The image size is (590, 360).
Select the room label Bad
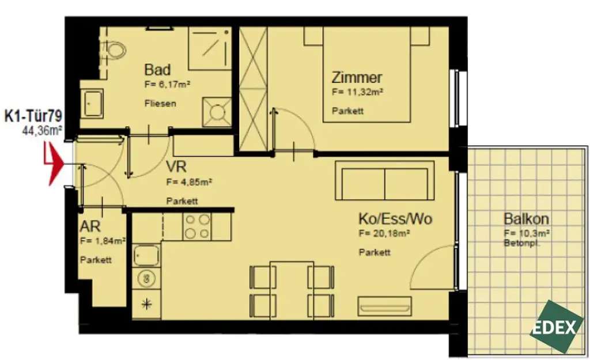pos(157,70)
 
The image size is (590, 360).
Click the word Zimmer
pos(357,78)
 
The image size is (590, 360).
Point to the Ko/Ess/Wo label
pos(395,219)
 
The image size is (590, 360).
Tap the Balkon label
pos(525,219)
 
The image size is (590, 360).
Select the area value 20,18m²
pos(384,234)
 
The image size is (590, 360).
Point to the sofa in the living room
pos(385,180)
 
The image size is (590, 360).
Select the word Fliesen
pos(160,104)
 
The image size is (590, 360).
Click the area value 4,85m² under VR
pos(190,182)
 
